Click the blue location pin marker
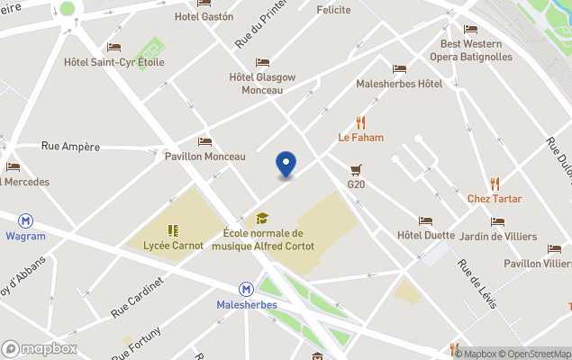[286, 164]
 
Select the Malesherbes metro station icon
[246, 289]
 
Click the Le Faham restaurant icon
[361, 121]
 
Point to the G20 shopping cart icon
[356, 168]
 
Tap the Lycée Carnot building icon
[173, 229]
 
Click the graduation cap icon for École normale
[262, 218]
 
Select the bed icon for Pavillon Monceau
[204, 141]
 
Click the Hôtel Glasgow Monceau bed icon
[262, 62]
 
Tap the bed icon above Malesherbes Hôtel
[399, 68]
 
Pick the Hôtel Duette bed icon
[425, 220]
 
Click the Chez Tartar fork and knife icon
[494, 184]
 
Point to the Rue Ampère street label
[70, 146]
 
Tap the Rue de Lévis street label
[477, 283]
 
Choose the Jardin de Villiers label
[497, 237]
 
